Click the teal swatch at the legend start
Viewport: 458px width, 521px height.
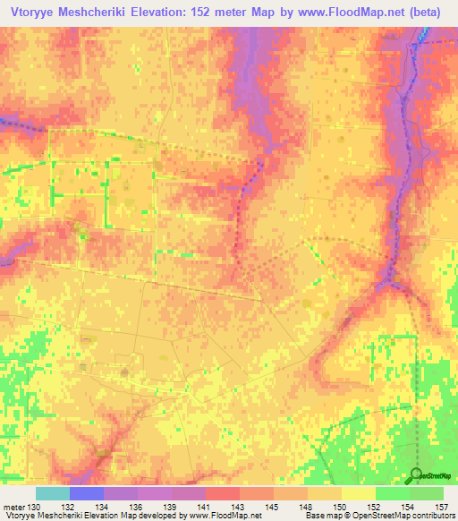(x=53, y=493)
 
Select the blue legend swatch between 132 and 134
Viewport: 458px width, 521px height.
(x=87, y=493)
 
